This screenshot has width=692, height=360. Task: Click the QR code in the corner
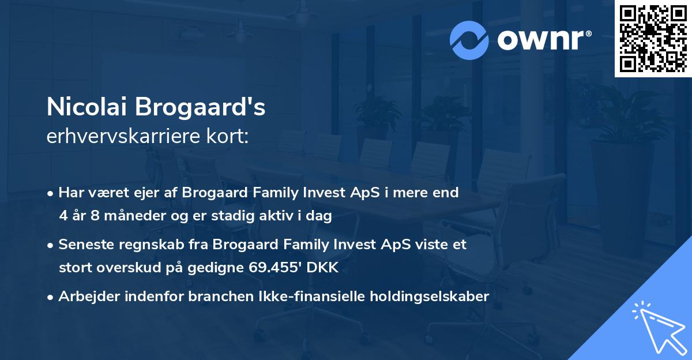pyautogui.click(x=653, y=38)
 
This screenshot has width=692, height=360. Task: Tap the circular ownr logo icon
pyautogui.click(x=469, y=40)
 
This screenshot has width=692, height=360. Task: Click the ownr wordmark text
pyautogui.click(x=544, y=39)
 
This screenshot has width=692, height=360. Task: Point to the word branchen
pyautogui.click(x=208, y=297)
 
